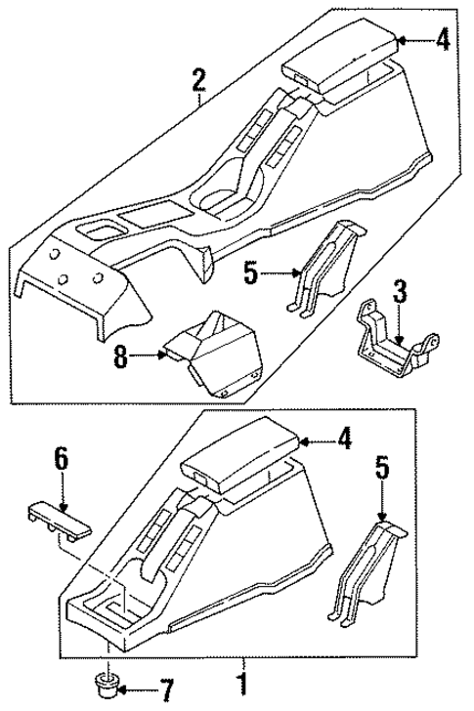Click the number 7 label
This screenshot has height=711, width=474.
tap(164, 695)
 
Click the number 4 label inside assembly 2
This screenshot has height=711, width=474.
tap(442, 40)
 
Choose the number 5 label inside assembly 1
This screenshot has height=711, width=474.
tap(383, 472)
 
